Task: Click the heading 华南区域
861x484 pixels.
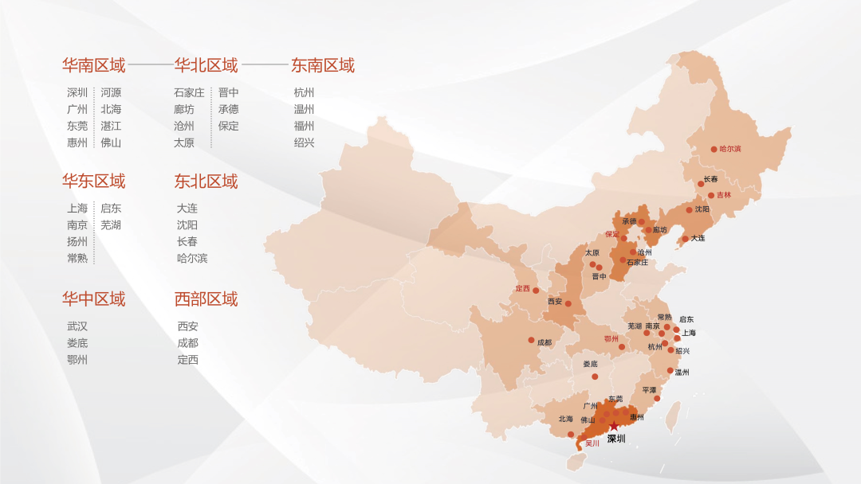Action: tap(94, 65)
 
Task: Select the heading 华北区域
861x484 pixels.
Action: tap(206, 65)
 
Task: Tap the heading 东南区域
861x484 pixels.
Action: tap(323, 65)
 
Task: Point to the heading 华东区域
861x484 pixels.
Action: tap(94, 181)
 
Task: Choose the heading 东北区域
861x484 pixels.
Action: tap(206, 181)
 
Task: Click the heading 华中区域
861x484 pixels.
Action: tap(94, 299)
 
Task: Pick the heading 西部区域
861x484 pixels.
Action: tap(206, 299)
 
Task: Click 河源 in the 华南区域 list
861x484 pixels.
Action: tap(111, 92)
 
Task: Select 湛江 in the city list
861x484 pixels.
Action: tap(111, 126)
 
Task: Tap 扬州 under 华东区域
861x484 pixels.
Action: tap(77, 241)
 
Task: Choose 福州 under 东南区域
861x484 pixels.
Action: tap(305, 126)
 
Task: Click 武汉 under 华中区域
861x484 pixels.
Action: tap(77, 326)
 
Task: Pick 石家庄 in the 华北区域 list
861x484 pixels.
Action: tap(190, 92)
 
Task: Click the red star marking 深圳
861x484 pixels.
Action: tap(614, 427)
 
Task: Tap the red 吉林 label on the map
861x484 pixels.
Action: tap(723, 195)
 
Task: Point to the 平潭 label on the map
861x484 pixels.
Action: tap(649, 390)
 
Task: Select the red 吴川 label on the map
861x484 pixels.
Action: tap(592, 443)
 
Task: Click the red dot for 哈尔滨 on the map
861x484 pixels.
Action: tap(714, 149)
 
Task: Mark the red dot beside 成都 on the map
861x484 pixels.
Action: tap(531, 340)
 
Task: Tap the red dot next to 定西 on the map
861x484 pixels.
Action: tap(536, 291)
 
